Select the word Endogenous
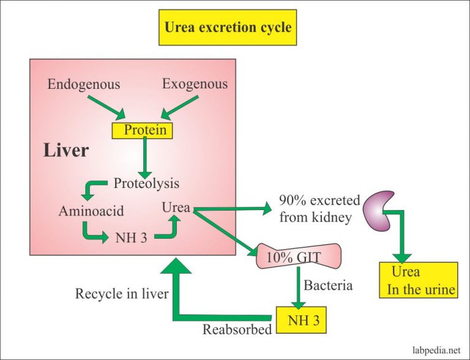point(84,84)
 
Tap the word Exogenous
point(195,83)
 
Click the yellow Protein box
point(145,130)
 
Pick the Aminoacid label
point(91,211)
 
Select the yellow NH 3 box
point(301,318)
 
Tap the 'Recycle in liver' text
point(121,294)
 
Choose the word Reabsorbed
point(237,329)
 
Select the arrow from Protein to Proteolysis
point(145,157)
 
